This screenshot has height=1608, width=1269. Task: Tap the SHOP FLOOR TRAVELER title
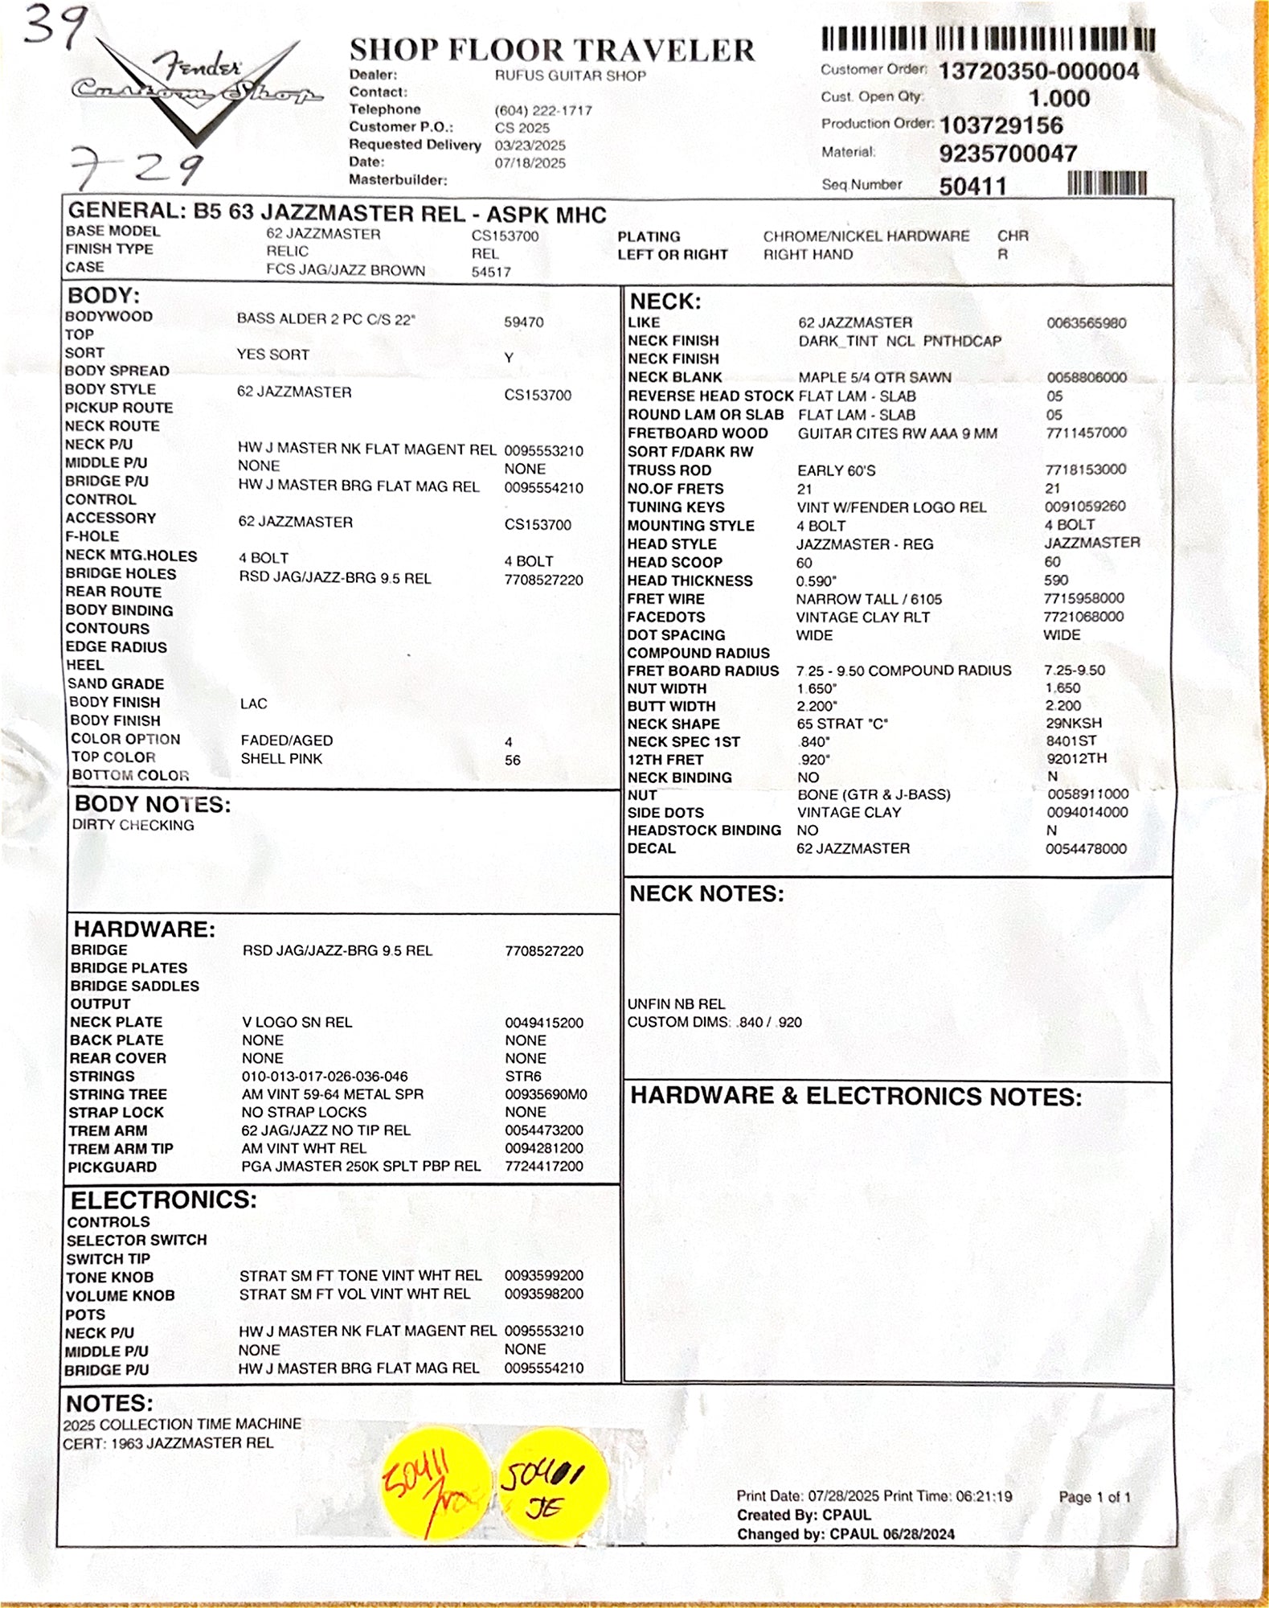point(551,51)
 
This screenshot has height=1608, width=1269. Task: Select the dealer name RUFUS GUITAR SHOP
point(570,76)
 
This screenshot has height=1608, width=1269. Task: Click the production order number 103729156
point(1001,125)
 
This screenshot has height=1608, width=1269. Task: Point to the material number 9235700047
point(1008,153)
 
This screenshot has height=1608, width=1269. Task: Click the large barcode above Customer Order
point(988,39)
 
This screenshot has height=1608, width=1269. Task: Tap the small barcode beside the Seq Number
point(1107,184)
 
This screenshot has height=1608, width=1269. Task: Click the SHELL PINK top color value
point(281,759)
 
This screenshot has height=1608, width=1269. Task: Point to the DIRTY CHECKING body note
point(133,826)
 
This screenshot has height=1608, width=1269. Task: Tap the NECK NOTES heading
point(706,894)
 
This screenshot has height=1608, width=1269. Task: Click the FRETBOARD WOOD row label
point(697,433)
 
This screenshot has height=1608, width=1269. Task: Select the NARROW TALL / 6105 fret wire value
point(869,599)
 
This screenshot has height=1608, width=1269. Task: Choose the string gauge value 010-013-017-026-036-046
point(325,1077)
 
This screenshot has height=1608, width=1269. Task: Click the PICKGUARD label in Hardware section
point(112,1167)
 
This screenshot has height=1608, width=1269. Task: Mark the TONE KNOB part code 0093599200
point(543,1276)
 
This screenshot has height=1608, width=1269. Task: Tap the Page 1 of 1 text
point(1094,1497)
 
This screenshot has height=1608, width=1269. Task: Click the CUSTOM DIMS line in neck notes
point(714,1023)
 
